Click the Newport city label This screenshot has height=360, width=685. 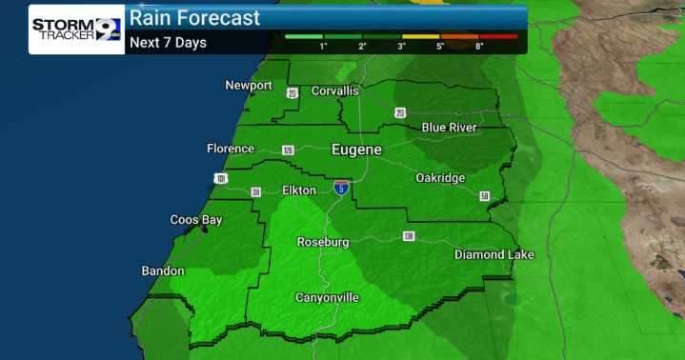pos(249,86)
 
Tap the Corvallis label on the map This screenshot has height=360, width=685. pos(332,90)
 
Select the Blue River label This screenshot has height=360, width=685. pos(450,128)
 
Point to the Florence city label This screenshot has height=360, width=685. pos(231,149)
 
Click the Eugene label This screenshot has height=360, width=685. pos(356,150)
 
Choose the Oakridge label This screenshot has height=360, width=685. pos(440,178)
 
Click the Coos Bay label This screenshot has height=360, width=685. pos(196,220)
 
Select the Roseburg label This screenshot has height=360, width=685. pos(323,242)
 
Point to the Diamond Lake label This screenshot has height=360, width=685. pos(494,254)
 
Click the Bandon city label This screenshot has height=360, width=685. pos(163,271)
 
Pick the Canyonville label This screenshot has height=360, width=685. pos(327,298)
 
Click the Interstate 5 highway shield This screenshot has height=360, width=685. pos(341,188)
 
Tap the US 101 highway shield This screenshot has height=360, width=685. pos(222,178)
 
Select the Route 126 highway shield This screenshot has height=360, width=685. pos(288,150)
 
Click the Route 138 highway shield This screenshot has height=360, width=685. pos(409,236)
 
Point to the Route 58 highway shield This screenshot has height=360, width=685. pos(485,196)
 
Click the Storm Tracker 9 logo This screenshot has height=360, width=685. pos(75,29)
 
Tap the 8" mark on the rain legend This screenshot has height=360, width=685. pos(479,46)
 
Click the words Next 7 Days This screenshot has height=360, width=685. pos(168,42)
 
